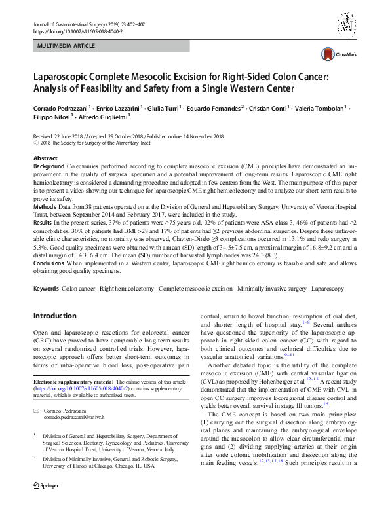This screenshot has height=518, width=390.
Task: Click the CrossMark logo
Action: pyautogui.click(x=338, y=54)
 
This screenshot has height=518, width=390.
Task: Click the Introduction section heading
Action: pyautogui.click(x=56, y=316)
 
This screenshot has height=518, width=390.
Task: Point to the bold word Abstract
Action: pyautogui.click(x=45, y=159)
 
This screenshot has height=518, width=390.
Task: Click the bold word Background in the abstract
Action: pyautogui.click(x=49, y=168)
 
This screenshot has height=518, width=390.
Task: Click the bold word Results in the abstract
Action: pyautogui.click(x=43, y=224)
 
